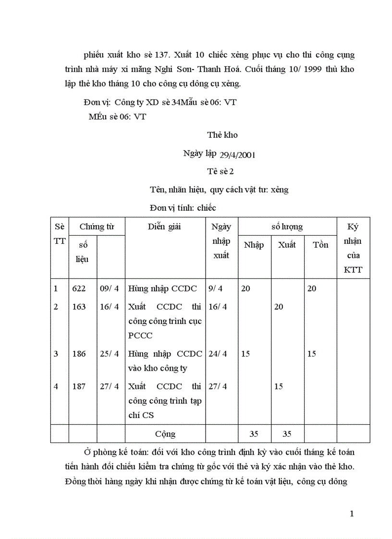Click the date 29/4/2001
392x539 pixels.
tap(237, 155)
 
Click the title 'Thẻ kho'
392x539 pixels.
tap(222, 135)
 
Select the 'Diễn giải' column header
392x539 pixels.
tap(164, 227)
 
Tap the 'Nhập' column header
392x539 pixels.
tap(254, 245)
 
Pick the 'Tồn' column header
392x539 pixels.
tap(320, 245)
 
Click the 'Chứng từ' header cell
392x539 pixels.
tap(96, 227)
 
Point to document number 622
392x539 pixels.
tap(79, 288)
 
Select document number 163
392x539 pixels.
tap(79, 307)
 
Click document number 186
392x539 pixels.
tap(79, 354)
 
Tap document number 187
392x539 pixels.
tap(79, 386)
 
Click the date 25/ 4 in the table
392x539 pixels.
tap(110, 354)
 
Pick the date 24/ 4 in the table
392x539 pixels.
tap(218, 354)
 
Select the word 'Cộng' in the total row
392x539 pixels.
tap(165, 434)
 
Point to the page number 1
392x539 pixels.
tap(352, 514)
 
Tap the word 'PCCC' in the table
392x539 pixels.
tap(140, 335)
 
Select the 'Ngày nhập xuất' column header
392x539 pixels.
tap(221, 241)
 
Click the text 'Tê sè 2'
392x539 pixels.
tap(221, 171)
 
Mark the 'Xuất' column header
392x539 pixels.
tap(287, 245)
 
